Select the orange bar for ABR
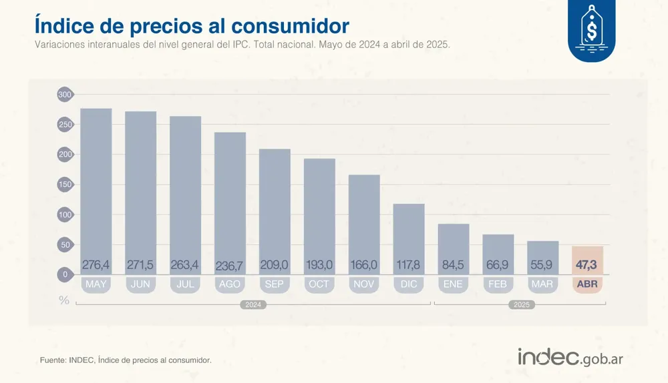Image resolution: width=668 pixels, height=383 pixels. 587,260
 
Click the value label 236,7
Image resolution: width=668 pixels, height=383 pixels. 230,266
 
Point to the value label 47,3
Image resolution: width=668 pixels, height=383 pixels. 587,265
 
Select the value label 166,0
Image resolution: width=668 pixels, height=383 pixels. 363,265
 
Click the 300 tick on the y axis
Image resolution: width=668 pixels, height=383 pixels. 64,95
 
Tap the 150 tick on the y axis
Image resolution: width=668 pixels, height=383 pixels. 64,185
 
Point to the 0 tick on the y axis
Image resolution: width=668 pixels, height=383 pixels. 65,274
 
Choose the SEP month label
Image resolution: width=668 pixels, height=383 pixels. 275,284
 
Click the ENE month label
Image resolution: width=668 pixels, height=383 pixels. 453,284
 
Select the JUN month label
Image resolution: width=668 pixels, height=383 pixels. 140,284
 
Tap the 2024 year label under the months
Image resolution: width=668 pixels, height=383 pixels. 253,305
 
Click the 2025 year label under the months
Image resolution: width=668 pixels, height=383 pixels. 520,305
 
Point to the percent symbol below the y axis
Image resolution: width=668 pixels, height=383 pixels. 64,300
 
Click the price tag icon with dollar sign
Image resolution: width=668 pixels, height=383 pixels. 591,30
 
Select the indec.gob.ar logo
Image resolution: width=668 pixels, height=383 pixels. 570,357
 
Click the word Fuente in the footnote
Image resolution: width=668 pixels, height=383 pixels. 53,360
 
